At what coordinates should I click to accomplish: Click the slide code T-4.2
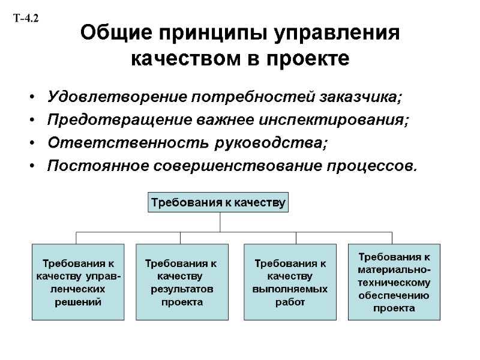[25, 19]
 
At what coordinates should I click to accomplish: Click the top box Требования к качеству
[218, 202]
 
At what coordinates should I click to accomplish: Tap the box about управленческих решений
[78, 282]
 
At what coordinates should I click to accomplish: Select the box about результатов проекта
[182, 282]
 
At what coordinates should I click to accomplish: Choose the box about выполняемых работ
[290, 282]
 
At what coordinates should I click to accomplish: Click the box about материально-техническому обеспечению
[394, 282]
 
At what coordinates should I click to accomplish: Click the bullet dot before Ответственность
[31, 143]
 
